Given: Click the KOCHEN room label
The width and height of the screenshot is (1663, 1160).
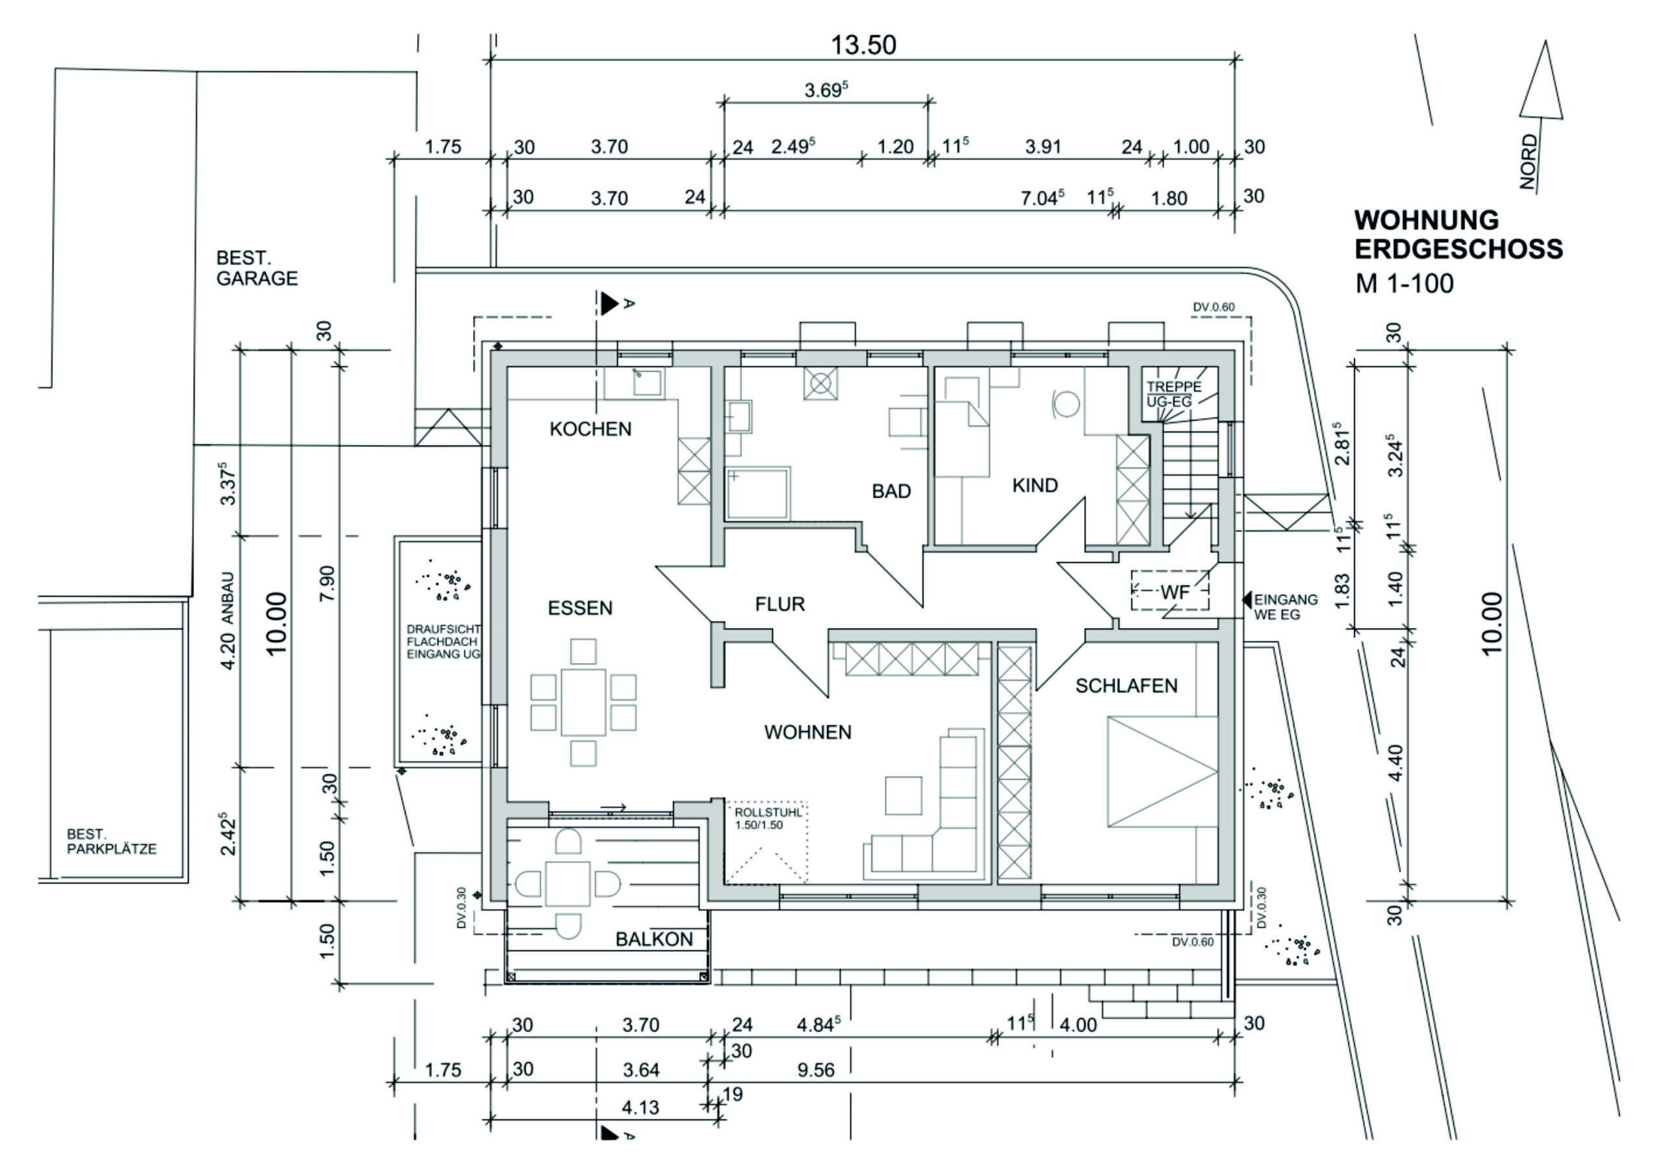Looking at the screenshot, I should pyautogui.click(x=590, y=429).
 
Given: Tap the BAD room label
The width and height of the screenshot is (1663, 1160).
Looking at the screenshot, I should pyautogui.click(x=891, y=491).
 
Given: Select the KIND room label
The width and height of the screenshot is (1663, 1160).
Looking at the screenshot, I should pyautogui.click(x=1034, y=485).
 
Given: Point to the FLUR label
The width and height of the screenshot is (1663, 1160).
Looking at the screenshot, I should pyautogui.click(x=780, y=604).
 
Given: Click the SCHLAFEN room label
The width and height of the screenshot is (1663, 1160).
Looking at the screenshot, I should pyautogui.click(x=1126, y=686).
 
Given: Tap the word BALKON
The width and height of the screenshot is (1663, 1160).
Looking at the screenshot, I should pyautogui.click(x=654, y=939).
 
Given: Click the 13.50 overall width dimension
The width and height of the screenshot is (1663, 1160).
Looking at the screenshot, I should pyautogui.click(x=863, y=45).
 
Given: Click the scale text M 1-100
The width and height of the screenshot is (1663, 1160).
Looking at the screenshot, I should pyautogui.click(x=1404, y=283).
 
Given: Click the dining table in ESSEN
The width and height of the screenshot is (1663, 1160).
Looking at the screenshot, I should pyautogui.click(x=583, y=702).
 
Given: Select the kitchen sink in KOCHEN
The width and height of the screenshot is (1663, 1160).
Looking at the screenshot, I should pyautogui.click(x=646, y=382).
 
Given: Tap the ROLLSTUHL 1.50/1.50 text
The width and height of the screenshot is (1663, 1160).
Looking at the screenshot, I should pyautogui.click(x=768, y=819).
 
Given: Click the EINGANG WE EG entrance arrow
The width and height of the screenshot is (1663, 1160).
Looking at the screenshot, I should pyautogui.click(x=1247, y=599).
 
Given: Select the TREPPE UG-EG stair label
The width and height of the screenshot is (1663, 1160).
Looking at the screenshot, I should pyautogui.click(x=1173, y=393).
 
